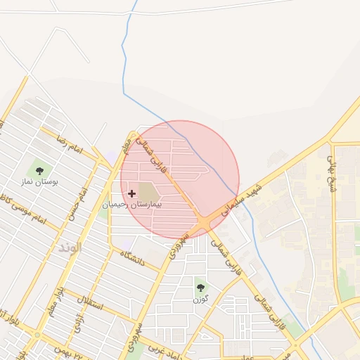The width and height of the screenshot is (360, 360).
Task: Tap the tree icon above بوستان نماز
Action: pyautogui.click(x=39, y=169)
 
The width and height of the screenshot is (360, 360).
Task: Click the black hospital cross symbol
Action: pyautogui.click(x=131, y=193)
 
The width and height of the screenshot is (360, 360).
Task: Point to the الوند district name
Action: pyautogui.click(x=70, y=247)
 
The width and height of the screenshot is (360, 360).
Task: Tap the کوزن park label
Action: pyautogui.click(x=201, y=300)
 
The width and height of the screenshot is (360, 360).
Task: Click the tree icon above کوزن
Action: pyautogui.click(x=201, y=287)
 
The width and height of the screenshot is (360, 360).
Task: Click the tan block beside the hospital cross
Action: pyautogui.click(x=148, y=191)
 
